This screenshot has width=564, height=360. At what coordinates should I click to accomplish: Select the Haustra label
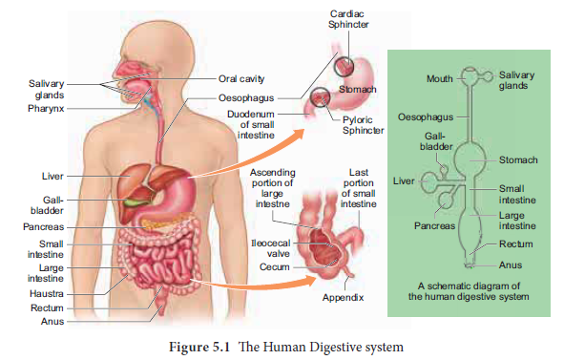click(x=46, y=293)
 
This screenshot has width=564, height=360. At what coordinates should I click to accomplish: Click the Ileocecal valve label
click(x=270, y=248)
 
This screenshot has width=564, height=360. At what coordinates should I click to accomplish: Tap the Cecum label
click(x=274, y=267)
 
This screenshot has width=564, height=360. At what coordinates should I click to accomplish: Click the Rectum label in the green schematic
click(x=515, y=244)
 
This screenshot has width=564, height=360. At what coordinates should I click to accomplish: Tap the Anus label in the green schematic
click(x=512, y=265)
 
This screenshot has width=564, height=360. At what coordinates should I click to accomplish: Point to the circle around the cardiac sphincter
click(x=345, y=65)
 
